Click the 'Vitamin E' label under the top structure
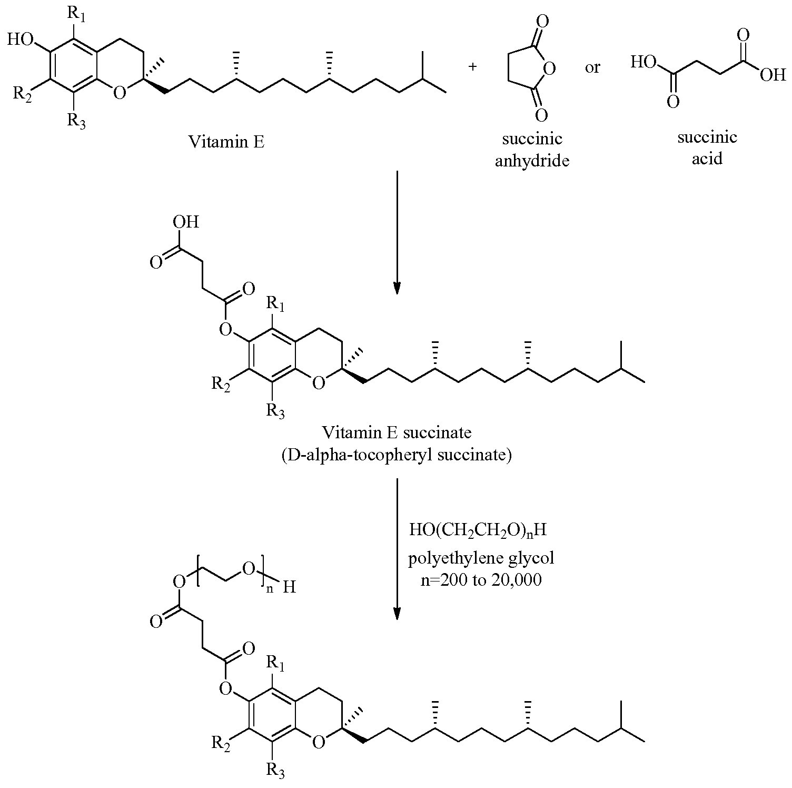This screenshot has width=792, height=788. click(227, 142)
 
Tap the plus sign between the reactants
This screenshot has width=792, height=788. click(473, 67)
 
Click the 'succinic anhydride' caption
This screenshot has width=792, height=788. click(532, 150)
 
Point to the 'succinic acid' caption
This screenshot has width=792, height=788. click(707, 148)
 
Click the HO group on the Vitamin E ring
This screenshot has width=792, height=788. click(22, 40)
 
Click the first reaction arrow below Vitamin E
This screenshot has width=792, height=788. click(397, 232)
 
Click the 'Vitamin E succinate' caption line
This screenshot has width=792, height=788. click(397, 433)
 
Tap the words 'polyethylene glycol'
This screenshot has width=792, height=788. click(481, 558)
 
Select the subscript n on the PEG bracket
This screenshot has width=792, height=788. click(270, 589)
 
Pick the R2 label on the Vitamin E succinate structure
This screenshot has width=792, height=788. click(221, 384)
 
